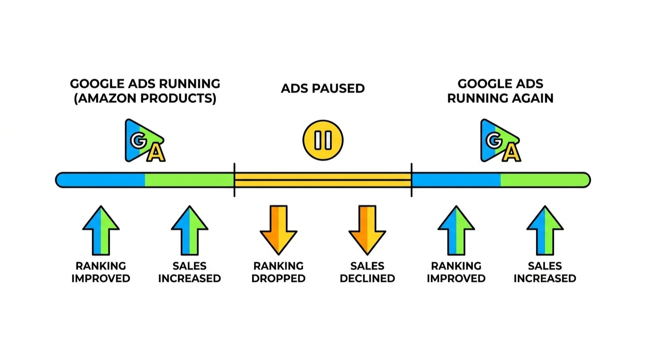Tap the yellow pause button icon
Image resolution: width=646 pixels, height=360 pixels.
[323, 140]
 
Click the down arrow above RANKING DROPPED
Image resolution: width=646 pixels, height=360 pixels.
[278, 229]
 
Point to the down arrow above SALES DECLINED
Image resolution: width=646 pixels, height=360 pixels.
[367, 229]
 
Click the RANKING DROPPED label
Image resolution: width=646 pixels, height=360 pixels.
[278, 272]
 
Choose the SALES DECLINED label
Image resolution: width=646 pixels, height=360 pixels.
[367, 272]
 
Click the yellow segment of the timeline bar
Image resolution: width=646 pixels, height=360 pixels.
[323, 180]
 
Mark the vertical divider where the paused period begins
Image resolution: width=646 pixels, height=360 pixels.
[234, 180]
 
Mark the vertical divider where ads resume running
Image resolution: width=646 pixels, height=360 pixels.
[412, 180]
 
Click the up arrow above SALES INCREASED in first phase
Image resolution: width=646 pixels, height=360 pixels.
[190, 230]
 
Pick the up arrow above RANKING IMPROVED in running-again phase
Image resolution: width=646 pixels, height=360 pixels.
[456, 230]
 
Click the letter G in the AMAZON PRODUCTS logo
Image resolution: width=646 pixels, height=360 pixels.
[138, 140]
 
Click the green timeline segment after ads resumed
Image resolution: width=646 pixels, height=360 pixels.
[545, 180]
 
